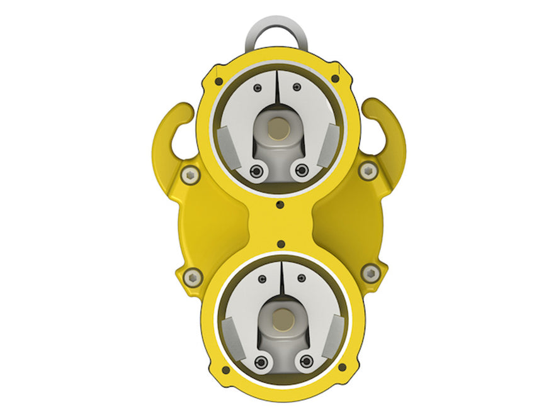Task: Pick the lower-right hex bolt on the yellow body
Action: [x=371, y=272]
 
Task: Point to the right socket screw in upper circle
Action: [x=302, y=169]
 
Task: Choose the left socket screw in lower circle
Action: [x=259, y=361]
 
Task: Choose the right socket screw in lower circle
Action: [x=307, y=360]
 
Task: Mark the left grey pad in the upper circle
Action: [x=227, y=144]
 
